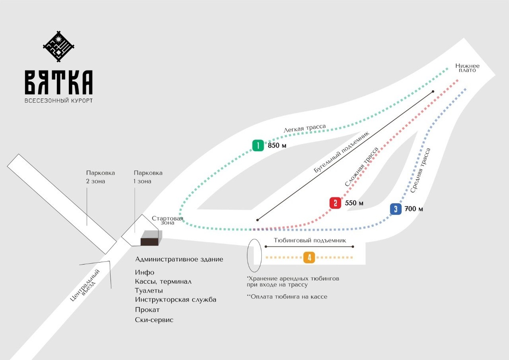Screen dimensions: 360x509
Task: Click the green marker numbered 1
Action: point(258,145)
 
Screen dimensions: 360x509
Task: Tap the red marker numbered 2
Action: point(335,203)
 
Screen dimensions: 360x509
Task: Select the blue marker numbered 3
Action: point(395,209)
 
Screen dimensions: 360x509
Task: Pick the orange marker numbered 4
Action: point(309,257)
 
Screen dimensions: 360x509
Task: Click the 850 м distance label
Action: point(277,146)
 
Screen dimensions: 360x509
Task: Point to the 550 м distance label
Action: point(354,203)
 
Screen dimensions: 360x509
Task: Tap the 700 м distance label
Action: point(414,209)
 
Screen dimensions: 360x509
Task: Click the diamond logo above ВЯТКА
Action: point(59,46)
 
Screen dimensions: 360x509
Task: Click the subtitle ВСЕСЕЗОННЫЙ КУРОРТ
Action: point(59,100)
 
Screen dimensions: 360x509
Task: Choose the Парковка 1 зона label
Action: point(148,177)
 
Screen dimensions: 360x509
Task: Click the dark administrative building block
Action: point(151,239)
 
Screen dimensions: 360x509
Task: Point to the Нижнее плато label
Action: point(467,68)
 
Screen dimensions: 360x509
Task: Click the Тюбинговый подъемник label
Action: point(310,240)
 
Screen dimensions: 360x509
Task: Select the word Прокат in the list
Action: point(147,310)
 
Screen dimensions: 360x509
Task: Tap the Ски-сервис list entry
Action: point(154,320)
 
